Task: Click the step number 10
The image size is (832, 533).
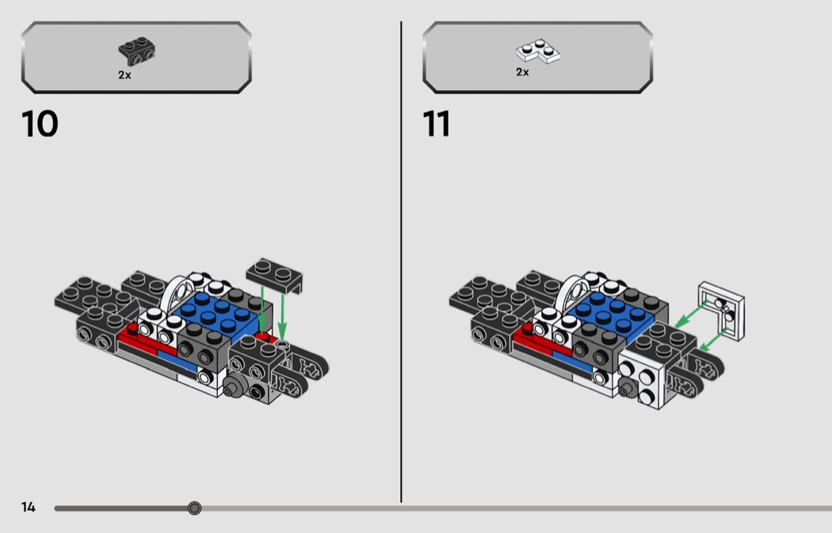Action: (x=40, y=124)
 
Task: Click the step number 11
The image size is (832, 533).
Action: (x=436, y=124)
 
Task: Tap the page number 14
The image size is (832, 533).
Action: (x=28, y=507)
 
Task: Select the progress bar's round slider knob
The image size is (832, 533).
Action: (x=195, y=508)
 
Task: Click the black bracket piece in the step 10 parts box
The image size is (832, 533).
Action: (x=136, y=51)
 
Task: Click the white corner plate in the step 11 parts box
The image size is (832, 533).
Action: (x=537, y=51)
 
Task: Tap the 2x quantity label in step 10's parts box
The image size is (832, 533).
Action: (x=124, y=75)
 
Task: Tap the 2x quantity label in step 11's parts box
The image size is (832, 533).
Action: (x=523, y=72)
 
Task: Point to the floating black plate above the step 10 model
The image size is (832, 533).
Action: (x=274, y=275)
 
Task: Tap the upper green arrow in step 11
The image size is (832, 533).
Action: (x=692, y=314)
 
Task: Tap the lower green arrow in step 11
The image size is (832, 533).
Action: (x=713, y=340)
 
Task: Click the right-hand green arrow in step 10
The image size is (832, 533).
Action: (x=282, y=318)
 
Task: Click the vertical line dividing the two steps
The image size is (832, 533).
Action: (x=401, y=261)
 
